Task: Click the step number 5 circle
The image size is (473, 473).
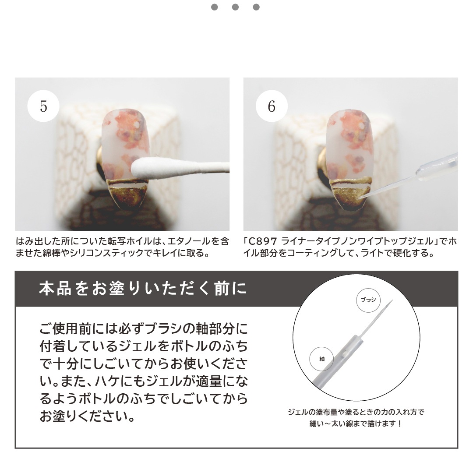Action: tap(43, 106)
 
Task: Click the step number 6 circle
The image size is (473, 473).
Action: tap(272, 106)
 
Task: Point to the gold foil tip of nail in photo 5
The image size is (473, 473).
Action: tap(127, 194)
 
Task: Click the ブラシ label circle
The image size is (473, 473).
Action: tap(368, 300)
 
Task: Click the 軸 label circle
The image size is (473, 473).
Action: tap(322, 359)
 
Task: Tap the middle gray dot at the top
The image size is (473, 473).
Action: tap(235, 7)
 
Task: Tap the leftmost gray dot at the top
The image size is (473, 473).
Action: tap(215, 7)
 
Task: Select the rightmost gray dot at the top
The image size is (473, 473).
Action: tap(256, 7)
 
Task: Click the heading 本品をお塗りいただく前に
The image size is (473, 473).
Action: tap(143, 288)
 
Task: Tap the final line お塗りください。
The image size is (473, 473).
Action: tap(88, 417)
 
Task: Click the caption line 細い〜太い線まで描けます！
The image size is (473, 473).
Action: tap(356, 424)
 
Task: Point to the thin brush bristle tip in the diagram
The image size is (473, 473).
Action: tap(392, 300)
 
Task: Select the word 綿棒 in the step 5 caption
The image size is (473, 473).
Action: tap(51, 253)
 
